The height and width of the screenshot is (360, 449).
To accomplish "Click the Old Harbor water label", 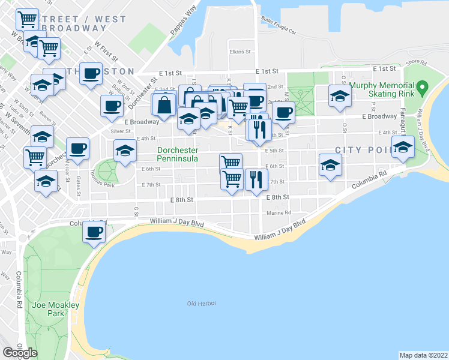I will pos(201,304).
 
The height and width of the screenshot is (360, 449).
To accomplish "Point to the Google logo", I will pos(20,353).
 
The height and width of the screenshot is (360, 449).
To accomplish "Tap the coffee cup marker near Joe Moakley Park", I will pos(93,232).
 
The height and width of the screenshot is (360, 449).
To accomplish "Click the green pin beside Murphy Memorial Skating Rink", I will pos(423,88).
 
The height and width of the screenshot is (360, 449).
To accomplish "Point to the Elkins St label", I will pos(240,52).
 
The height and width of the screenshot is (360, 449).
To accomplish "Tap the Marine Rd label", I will pos(280,212).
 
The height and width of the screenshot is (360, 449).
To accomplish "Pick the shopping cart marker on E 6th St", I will pos(231,163).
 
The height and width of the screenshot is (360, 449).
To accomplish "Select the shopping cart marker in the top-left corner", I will pos(27,19).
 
